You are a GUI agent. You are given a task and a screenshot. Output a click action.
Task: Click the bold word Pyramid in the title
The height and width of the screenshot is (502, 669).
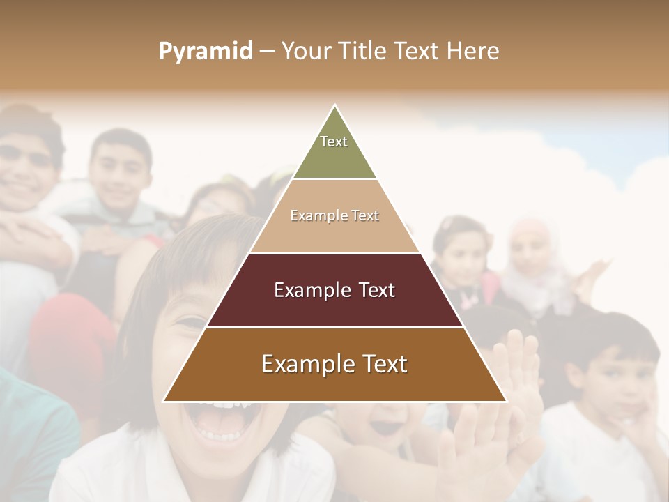(x=206, y=52)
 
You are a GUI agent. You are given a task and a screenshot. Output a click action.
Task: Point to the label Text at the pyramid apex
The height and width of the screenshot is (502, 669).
(x=334, y=142)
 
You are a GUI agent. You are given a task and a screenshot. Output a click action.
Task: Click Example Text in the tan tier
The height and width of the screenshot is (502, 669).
(x=334, y=215)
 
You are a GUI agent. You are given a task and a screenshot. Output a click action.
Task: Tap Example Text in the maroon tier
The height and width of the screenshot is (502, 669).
(x=334, y=290)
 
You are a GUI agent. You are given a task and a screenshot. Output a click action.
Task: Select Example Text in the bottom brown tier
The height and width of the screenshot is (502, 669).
(x=334, y=364)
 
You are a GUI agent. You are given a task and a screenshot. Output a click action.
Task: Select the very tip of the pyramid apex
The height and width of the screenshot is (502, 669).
(x=335, y=105)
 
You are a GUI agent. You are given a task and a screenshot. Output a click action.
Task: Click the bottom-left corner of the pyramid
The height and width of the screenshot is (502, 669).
(x=164, y=401)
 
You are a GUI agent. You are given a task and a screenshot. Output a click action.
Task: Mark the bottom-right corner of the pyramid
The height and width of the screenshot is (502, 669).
(x=506, y=401)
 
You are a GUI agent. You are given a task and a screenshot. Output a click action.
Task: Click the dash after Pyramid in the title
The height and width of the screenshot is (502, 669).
(x=267, y=52)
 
